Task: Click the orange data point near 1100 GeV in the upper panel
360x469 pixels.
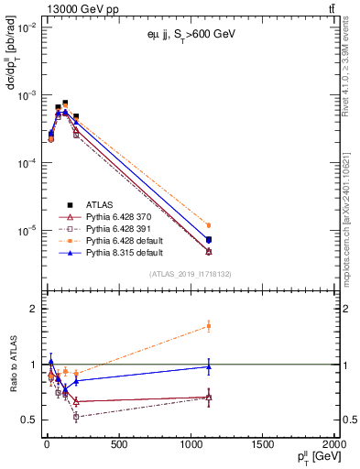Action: [x=209, y=225]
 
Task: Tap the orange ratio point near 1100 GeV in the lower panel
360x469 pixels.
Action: [x=209, y=325]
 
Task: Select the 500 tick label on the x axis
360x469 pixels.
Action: [x=118, y=446]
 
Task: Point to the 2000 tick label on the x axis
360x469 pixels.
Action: [x=335, y=446]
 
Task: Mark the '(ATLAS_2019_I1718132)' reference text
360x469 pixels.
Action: [x=190, y=274]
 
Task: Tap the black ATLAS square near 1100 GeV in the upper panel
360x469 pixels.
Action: [x=209, y=240]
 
